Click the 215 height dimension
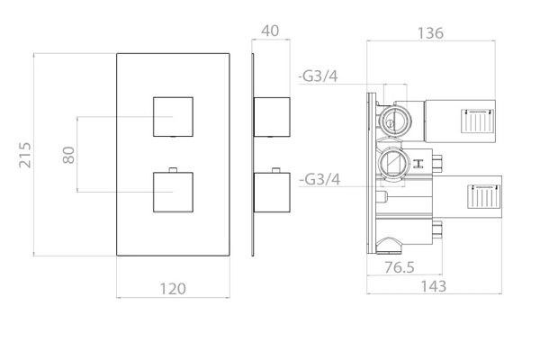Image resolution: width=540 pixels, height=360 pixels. click(x=25, y=155)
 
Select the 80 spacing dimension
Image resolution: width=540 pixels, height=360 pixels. click(x=69, y=155)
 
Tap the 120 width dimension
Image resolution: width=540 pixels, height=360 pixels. click(x=173, y=289)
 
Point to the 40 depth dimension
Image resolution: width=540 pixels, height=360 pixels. click(x=270, y=31)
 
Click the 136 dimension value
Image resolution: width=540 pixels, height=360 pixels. click(x=430, y=33)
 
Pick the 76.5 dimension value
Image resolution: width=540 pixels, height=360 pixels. click(x=400, y=267)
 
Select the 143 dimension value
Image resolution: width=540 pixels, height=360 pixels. click(x=434, y=286)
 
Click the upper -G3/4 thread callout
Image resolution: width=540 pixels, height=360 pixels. click(x=318, y=76)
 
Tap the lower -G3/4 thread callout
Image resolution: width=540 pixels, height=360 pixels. click(x=319, y=179)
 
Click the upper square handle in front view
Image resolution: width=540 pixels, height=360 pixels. click(x=173, y=117)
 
